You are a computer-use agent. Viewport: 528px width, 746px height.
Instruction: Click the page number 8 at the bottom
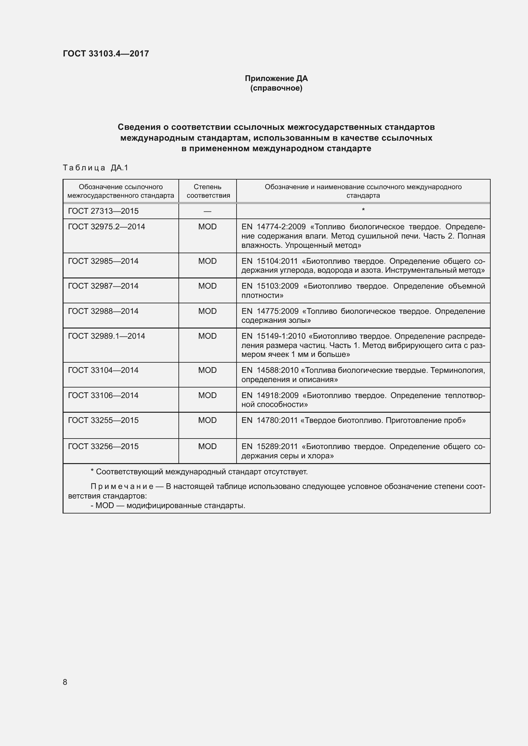click(x=65, y=682)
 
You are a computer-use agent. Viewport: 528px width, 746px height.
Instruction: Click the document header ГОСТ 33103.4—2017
click(x=106, y=54)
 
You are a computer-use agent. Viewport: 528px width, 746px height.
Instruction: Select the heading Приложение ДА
click(x=276, y=78)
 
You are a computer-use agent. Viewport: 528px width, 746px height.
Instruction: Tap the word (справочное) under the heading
click(x=276, y=88)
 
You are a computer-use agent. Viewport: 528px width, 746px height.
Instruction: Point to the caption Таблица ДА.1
click(x=95, y=168)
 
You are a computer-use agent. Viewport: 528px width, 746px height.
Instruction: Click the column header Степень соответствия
click(x=208, y=191)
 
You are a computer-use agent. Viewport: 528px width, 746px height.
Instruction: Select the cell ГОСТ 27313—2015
click(x=103, y=211)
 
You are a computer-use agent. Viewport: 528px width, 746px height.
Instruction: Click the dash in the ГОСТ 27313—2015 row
click(x=207, y=211)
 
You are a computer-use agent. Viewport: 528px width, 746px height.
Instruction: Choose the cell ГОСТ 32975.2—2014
click(x=106, y=227)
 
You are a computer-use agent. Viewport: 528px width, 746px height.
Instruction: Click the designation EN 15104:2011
click(x=269, y=261)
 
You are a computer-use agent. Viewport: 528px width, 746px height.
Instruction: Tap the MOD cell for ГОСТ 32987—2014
click(x=207, y=286)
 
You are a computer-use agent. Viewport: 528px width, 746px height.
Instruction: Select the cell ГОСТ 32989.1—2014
click(x=106, y=336)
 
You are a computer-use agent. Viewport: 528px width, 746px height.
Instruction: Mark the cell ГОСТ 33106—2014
click(x=103, y=395)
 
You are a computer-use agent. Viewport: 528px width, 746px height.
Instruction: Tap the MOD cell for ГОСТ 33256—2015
click(x=207, y=447)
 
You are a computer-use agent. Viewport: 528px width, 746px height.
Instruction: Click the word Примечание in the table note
click(x=122, y=486)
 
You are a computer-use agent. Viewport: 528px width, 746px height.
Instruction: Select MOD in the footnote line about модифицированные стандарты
click(x=105, y=506)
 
